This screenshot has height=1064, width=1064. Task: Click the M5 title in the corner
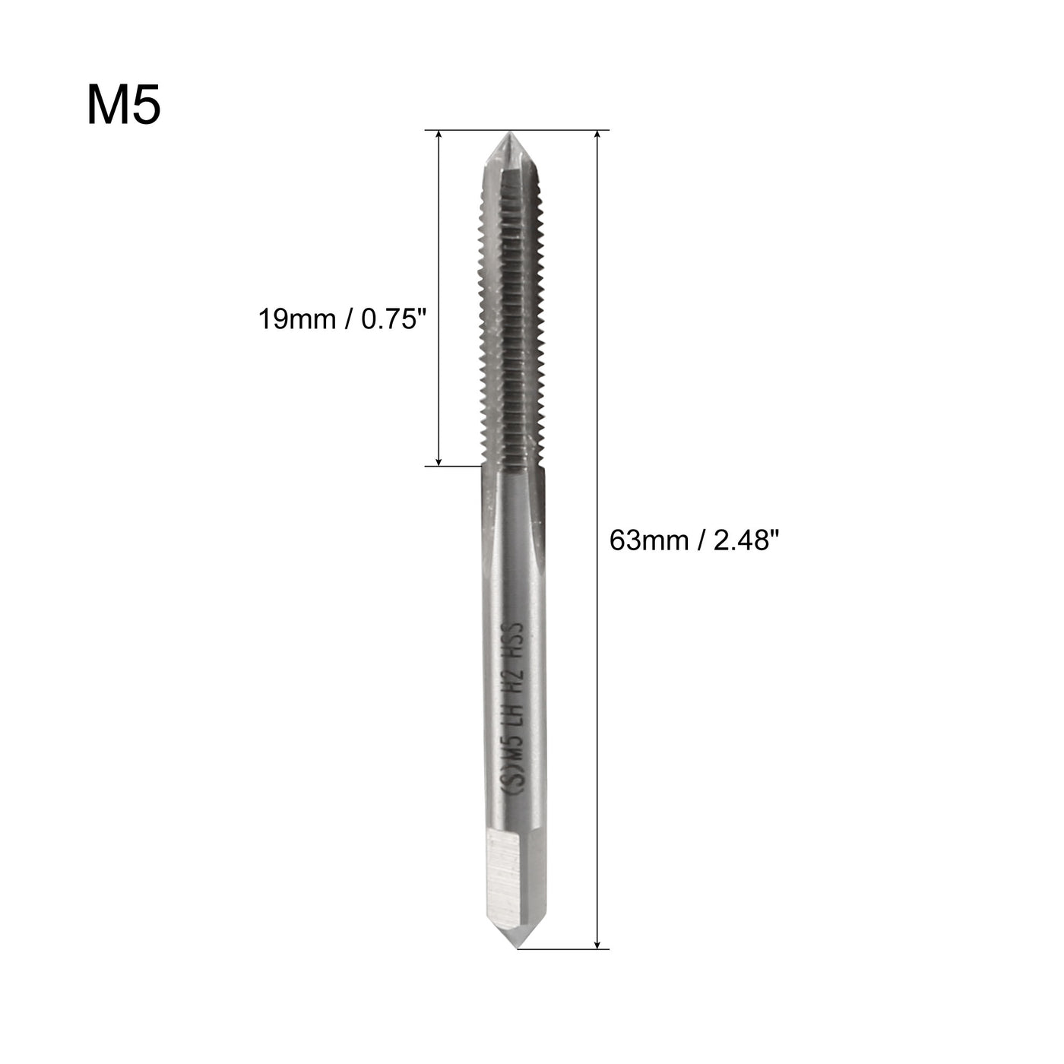coord(123,106)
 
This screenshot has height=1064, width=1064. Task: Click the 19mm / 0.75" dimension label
coord(338,319)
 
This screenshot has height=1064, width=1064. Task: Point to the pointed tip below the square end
coord(515,942)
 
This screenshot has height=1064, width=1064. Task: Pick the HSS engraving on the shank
coord(516,638)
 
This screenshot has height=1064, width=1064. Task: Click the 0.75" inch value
coord(390,319)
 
